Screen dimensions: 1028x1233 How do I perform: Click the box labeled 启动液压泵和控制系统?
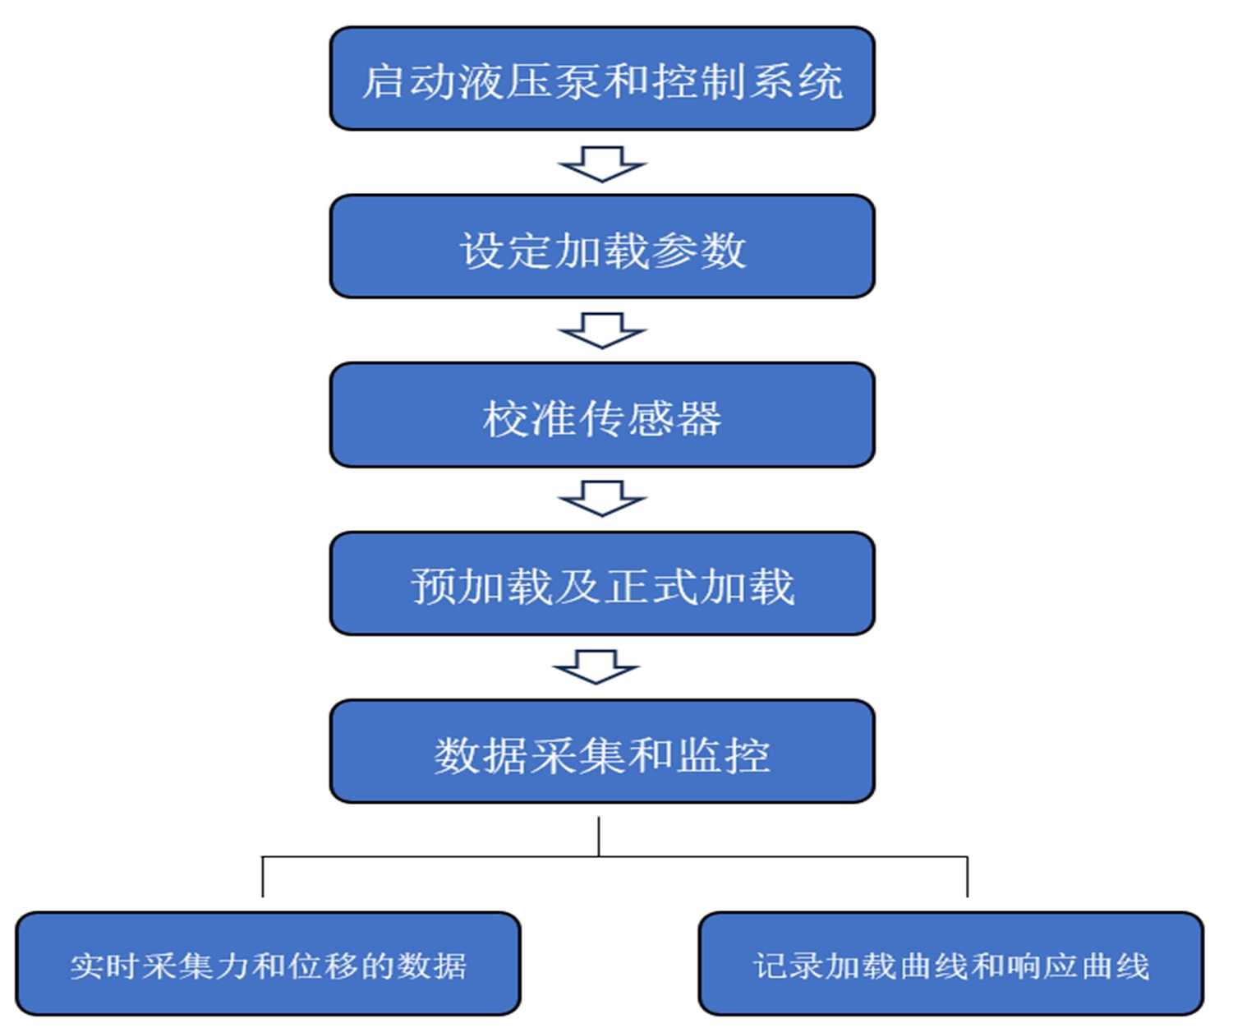[x=602, y=79]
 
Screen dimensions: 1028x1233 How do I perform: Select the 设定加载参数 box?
[x=602, y=247]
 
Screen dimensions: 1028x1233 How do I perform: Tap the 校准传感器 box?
[x=602, y=416]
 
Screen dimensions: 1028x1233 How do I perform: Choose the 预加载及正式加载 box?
[x=602, y=583]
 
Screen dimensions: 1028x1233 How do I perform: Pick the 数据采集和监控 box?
[x=602, y=751]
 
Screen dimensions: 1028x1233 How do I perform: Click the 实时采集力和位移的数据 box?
[x=268, y=964]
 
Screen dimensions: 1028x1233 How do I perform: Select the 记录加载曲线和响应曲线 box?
[x=951, y=964]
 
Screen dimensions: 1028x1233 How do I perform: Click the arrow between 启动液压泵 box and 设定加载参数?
[x=602, y=164]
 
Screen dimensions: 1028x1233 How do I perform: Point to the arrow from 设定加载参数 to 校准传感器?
[x=602, y=330]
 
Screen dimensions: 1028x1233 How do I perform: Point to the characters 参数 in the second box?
[x=699, y=250]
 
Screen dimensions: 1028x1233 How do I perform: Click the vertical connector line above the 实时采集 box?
[x=263, y=877]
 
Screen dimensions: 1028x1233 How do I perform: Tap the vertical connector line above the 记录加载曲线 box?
[x=968, y=877]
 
